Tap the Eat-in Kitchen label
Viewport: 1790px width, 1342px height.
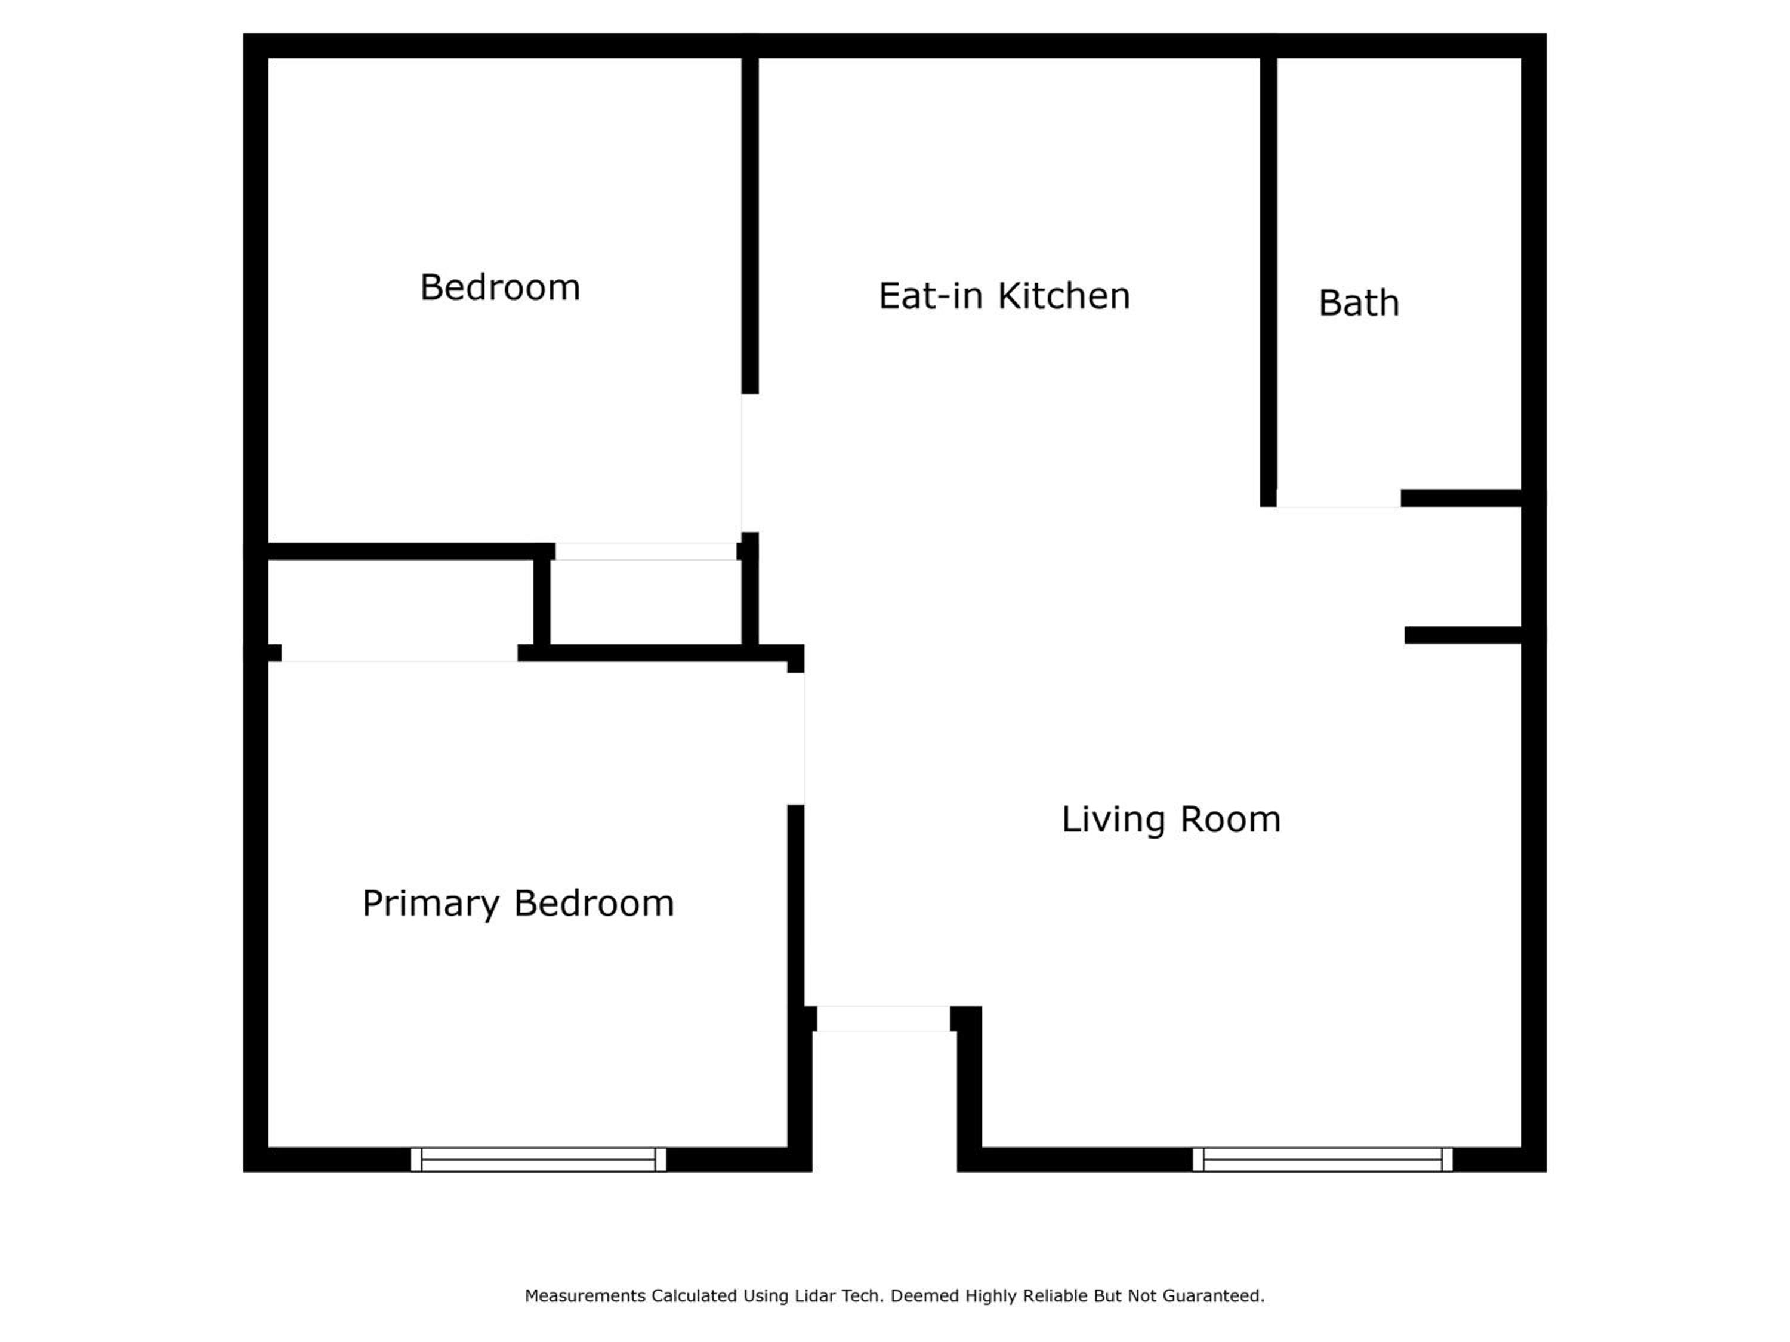[x=1004, y=296]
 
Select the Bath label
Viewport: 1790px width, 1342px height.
[x=1359, y=304]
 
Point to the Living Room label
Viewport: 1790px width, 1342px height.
[x=1171, y=820]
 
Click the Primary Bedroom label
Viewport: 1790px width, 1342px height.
[x=518, y=904]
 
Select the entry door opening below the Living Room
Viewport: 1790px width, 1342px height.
[x=883, y=1019]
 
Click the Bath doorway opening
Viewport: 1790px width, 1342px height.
[x=1338, y=499]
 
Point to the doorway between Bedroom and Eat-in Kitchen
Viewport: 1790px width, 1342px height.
[x=749, y=463]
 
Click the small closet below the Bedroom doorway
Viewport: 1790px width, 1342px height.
[x=646, y=602]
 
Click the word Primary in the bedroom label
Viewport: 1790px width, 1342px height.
[x=431, y=904]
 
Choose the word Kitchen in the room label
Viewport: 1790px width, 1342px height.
[x=1064, y=296]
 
